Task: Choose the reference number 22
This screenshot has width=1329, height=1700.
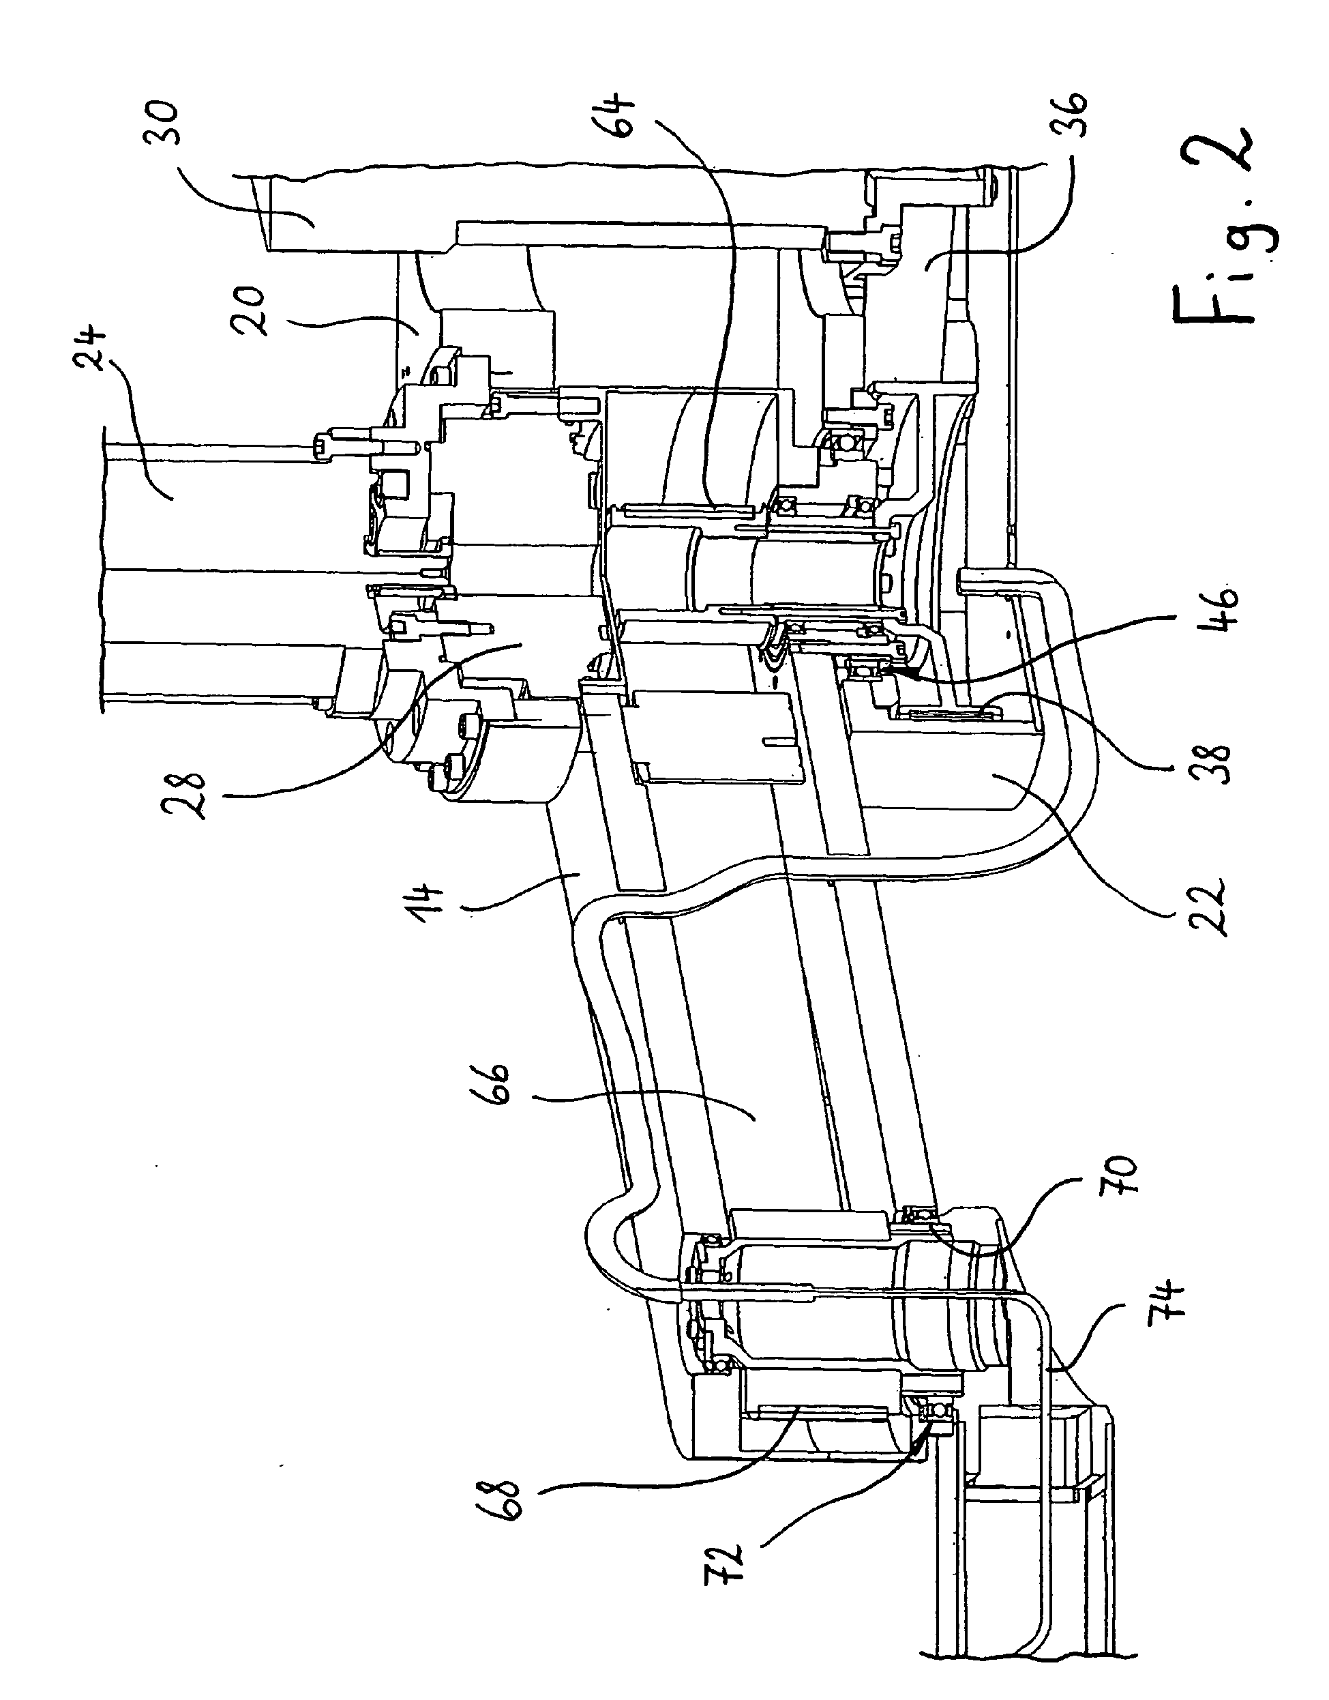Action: (1211, 907)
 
